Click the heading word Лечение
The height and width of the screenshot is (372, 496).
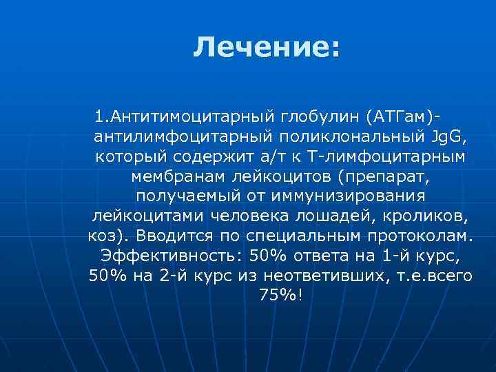pos(266,48)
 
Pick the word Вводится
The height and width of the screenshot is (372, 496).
pos(169,236)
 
